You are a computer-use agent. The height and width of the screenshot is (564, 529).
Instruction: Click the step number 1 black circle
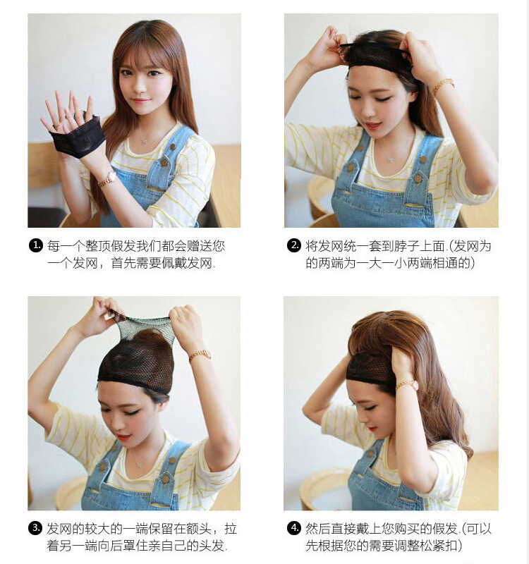click(x=35, y=246)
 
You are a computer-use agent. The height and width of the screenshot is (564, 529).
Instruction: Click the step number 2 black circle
click(x=293, y=246)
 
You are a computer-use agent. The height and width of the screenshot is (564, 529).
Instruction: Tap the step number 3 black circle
click(x=35, y=528)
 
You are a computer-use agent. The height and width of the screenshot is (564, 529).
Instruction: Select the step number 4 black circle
click(x=293, y=528)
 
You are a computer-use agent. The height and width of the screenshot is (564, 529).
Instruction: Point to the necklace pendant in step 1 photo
click(x=145, y=140)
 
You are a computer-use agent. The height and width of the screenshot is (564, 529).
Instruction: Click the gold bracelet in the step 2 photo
click(x=443, y=85)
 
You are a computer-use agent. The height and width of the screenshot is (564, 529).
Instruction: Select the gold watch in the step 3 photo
click(x=200, y=355)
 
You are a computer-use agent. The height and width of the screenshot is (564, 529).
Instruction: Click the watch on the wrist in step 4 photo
click(x=408, y=386)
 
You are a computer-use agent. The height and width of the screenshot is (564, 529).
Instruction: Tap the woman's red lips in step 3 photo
click(x=123, y=436)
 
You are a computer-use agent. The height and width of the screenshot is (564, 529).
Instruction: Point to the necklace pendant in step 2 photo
click(x=389, y=158)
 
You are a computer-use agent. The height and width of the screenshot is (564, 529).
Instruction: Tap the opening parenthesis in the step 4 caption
click(x=464, y=529)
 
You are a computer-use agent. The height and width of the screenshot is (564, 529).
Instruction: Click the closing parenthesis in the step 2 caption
click(x=473, y=263)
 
